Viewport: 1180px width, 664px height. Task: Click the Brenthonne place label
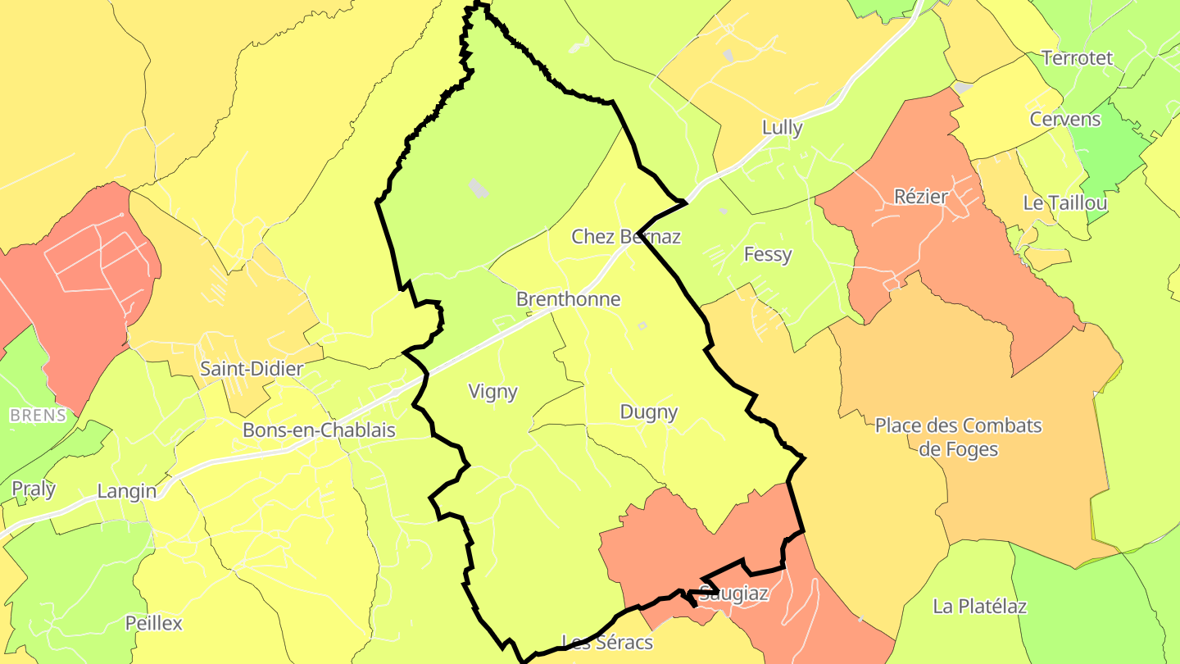[x=568, y=299]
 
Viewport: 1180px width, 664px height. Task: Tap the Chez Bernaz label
[x=626, y=237]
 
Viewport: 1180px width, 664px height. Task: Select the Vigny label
[x=492, y=392]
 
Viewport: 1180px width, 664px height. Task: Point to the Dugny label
[x=648, y=412]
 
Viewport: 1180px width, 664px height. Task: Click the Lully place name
[x=782, y=128]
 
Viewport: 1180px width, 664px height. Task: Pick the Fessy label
[x=768, y=254]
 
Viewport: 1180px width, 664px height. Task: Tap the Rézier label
[x=921, y=197]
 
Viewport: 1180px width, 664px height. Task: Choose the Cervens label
[x=1065, y=119]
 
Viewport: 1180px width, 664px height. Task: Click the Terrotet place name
[x=1077, y=58]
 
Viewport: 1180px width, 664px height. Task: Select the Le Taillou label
[x=1065, y=203]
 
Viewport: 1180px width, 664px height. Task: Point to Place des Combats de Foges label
[x=958, y=437]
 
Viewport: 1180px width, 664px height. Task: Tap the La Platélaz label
[x=979, y=607]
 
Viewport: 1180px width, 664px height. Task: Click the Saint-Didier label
[x=252, y=369]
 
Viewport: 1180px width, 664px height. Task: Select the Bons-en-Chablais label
[x=319, y=430]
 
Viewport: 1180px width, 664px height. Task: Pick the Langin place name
[x=126, y=492]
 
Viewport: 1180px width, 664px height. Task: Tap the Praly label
[x=34, y=489]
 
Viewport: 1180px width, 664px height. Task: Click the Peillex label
[x=153, y=623]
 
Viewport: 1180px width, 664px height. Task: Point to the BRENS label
[x=38, y=416]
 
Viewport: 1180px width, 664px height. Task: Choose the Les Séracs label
[x=607, y=642]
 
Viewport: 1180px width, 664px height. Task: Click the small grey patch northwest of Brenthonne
[x=478, y=189]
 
